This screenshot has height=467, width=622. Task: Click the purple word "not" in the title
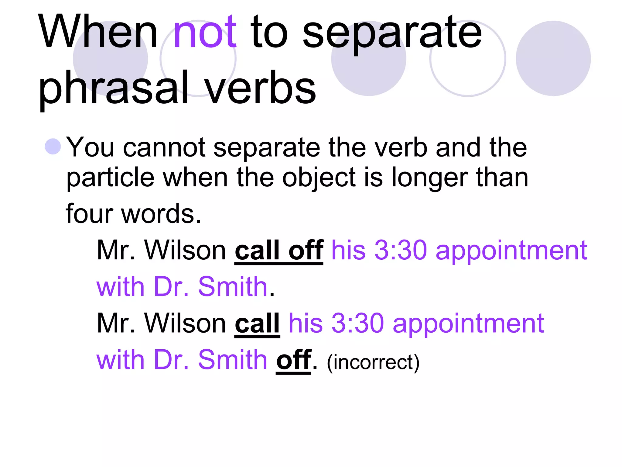[205, 33]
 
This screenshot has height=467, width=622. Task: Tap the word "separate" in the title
[392, 33]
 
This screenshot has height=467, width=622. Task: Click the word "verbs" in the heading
[260, 88]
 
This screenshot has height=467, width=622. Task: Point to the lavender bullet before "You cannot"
[53, 147]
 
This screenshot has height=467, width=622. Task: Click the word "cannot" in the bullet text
[164, 147]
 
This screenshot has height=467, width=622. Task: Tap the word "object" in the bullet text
[319, 178]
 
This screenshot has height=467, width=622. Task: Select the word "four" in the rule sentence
[89, 214]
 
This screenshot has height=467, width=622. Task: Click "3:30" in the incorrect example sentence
[357, 323]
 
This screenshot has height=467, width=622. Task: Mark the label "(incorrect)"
[373, 362]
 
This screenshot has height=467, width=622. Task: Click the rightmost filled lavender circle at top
[553, 58]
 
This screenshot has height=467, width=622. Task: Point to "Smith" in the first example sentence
[232, 287]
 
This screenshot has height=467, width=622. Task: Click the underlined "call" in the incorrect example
[257, 323]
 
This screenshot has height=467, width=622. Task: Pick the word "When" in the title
[98, 33]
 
